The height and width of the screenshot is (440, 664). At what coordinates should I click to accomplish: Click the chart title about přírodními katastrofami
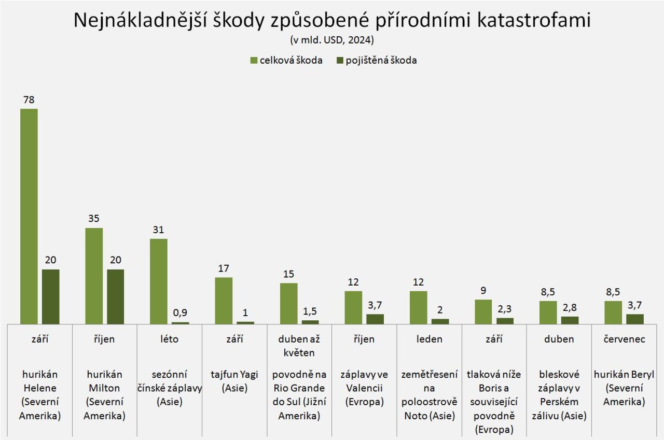[332, 21]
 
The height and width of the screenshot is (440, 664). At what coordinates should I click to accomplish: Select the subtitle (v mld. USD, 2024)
[332, 40]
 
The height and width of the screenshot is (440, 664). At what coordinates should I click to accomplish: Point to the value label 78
[29, 100]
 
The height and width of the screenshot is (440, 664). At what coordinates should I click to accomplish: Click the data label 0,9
[181, 313]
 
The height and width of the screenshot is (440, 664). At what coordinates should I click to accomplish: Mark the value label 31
[159, 230]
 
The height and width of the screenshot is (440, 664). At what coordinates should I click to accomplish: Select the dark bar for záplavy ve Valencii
[376, 319]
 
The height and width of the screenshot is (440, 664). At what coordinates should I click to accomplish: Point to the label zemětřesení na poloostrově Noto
[430, 394]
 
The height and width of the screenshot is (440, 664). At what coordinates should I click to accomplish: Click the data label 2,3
[505, 309]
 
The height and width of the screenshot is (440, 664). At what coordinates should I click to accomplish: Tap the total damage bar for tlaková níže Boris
[483, 311]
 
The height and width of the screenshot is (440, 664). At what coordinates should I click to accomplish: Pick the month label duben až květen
[299, 346]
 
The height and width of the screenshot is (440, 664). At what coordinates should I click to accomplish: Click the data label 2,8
[570, 308]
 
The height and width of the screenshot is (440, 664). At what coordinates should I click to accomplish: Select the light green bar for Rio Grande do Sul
[289, 303]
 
